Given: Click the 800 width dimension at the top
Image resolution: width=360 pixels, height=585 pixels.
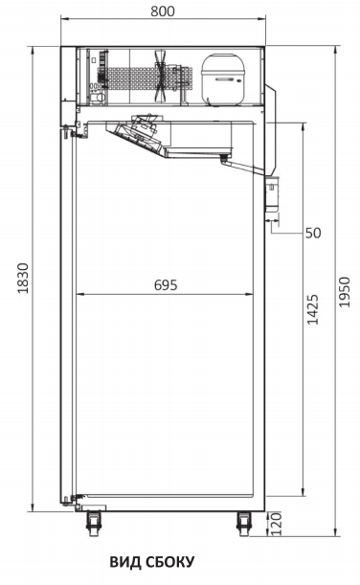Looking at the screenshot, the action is (x=162, y=11).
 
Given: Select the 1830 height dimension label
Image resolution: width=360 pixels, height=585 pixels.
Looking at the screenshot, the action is (x=23, y=279).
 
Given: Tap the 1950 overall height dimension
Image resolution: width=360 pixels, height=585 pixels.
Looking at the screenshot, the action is (x=345, y=292).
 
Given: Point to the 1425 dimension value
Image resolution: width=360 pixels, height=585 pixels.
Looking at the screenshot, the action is (x=313, y=309).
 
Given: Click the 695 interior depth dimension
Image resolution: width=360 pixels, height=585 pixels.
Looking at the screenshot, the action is (x=166, y=285).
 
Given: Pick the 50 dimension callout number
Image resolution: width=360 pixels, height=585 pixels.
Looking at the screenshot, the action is (x=313, y=233).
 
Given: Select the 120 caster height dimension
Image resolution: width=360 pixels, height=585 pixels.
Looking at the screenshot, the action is (x=276, y=524).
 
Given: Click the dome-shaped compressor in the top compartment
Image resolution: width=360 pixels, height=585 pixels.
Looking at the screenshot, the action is (x=223, y=79).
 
